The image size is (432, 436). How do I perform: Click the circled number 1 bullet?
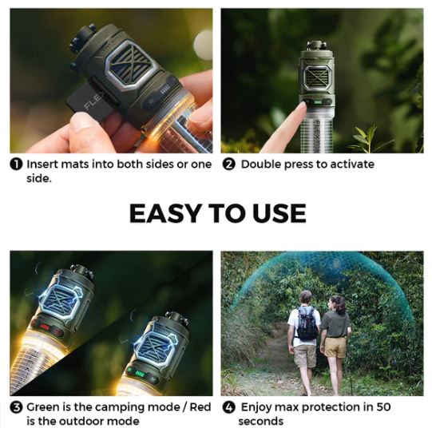[x=16, y=164]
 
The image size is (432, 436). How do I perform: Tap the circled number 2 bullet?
[x=229, y=164]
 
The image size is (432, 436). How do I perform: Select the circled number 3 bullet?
[x=16, y=407]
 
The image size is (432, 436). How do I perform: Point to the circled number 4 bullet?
[x=229, y=407]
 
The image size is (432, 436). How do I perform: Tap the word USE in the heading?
[x=279, y=213]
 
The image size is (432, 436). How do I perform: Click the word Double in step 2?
[x=261, y=164]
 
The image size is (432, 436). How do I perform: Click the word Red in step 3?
[x=200, y=407]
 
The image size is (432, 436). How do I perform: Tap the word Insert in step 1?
[x=42, y=164]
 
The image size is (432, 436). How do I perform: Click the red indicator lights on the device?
[x=45, y=327]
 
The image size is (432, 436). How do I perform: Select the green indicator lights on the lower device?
[x=140, y=374]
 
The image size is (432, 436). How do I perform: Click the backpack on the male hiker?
[x=307, y=323]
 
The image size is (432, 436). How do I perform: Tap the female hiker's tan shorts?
[x=335, y=347]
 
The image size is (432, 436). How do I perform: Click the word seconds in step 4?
[x=261, y=422]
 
